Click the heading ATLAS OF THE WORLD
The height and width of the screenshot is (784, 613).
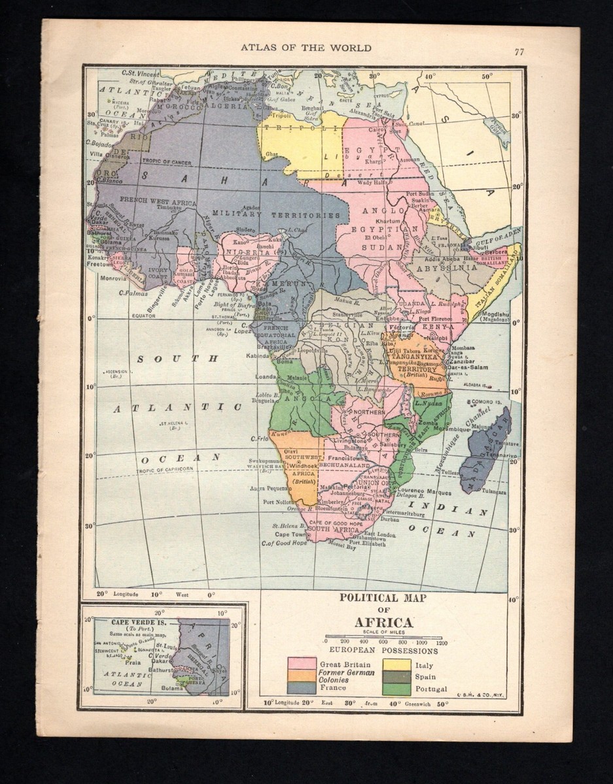[x=306, y=48]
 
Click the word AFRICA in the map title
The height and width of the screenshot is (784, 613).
[x=383, y=623]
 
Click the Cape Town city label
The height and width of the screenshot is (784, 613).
[x=290, y=534]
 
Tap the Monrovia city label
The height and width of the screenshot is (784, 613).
[x=114, y=277]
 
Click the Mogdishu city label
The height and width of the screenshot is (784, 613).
[x=498, y=314]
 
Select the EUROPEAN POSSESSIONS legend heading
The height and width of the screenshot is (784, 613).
[x=383, y=651]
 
